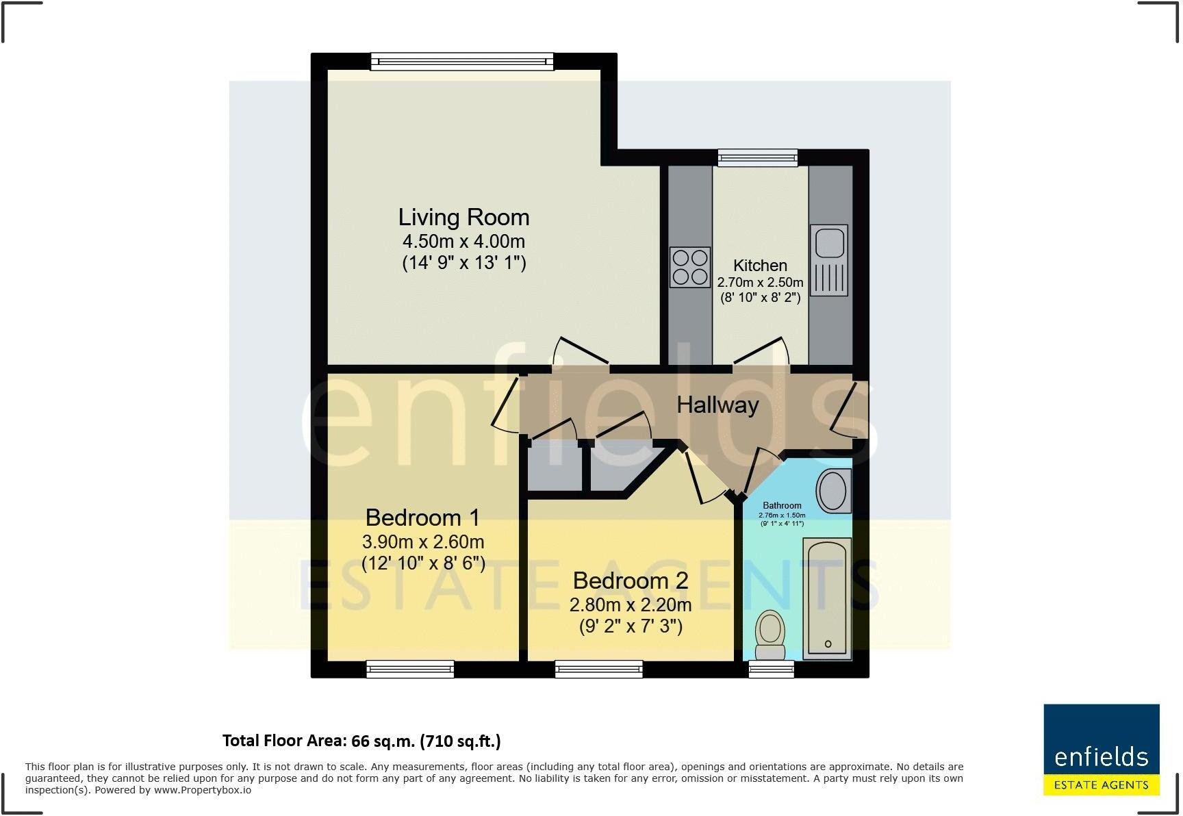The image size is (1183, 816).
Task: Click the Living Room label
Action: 463,217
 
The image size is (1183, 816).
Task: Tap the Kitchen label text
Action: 760,266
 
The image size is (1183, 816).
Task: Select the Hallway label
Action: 717,405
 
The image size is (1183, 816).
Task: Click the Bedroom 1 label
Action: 422,517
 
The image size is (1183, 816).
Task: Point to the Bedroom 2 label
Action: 631,581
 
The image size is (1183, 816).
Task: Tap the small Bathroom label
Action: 782,505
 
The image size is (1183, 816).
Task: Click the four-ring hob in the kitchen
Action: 690,267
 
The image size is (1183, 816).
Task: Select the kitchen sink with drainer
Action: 829,260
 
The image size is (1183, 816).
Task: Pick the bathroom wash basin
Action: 833,492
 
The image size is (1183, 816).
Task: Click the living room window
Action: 462,62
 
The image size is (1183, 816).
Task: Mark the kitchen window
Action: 758,158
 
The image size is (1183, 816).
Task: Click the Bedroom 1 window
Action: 410,669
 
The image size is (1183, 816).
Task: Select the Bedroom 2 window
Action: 599,669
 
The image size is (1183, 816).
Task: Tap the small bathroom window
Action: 772,669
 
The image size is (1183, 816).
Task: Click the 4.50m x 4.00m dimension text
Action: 463,242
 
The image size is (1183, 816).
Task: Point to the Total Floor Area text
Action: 361,741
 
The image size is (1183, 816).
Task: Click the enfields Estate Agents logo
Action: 1102,750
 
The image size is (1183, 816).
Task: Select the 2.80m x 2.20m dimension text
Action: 631,605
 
